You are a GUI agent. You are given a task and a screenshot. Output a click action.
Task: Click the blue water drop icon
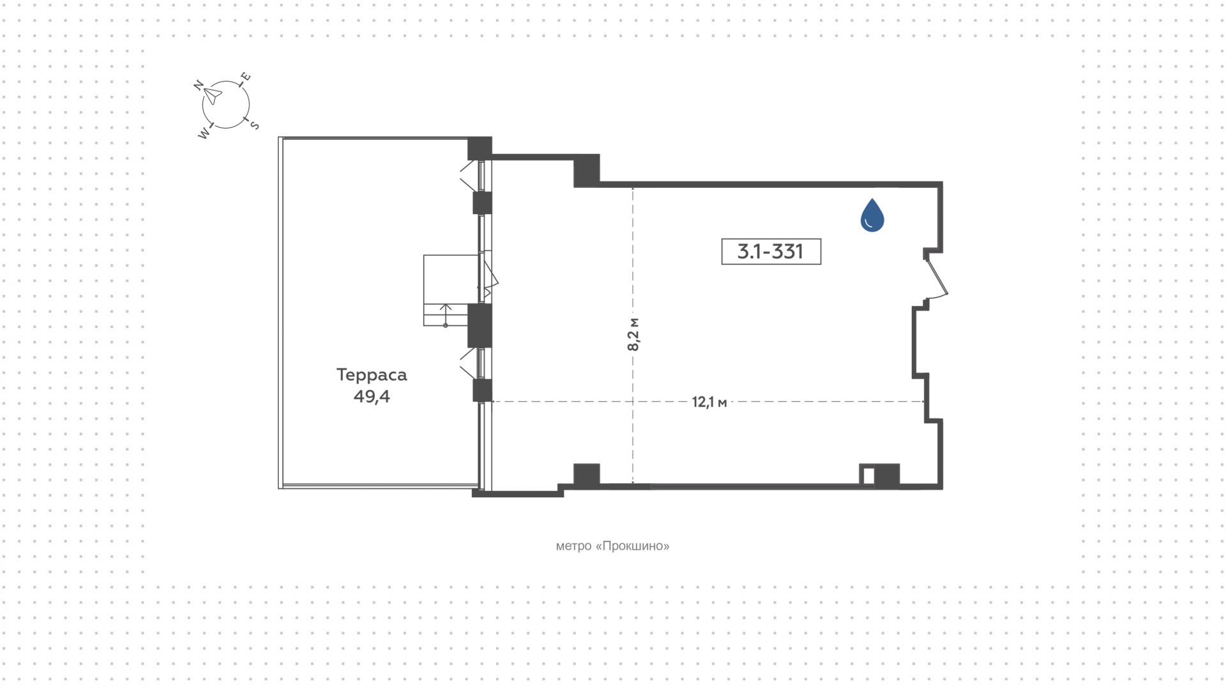[x=872, y=215]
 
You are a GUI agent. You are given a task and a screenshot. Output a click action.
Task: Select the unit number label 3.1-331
[x=771, y=251]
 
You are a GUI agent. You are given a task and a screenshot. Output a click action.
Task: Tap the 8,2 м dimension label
[x=633, y=334]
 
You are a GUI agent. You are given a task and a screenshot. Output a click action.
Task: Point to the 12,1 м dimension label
[x=709, y=402]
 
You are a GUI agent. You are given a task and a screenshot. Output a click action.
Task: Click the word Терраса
[x=372, y=375]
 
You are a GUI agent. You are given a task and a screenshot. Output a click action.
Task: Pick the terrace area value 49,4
[x=372, y=396]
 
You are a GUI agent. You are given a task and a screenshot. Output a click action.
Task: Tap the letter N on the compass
[x=199, y=85]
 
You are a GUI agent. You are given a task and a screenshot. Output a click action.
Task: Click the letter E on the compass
[x=245, y=78]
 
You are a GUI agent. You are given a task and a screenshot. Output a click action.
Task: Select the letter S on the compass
[x=254, y=125]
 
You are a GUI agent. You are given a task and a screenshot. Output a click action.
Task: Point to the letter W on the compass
[x=204, y=134]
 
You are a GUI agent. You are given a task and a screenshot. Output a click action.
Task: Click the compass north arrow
[x=213, y=96]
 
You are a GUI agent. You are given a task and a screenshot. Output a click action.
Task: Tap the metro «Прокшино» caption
[x=613, y=546]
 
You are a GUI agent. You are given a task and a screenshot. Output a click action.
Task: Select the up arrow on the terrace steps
[x=446, y=315]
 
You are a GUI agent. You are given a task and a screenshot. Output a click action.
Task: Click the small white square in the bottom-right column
[x=868, y=476]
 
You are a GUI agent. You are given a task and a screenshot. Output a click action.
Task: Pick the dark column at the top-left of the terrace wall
[x=480, y=148]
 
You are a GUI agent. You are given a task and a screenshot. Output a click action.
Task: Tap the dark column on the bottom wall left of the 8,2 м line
[x=587, y=474]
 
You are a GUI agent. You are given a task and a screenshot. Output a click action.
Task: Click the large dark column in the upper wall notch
[x=587, y=170]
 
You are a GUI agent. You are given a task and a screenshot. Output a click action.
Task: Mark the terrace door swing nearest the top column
[x=469, y=175]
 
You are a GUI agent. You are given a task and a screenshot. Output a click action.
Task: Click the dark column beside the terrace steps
[x=480, y=325]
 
